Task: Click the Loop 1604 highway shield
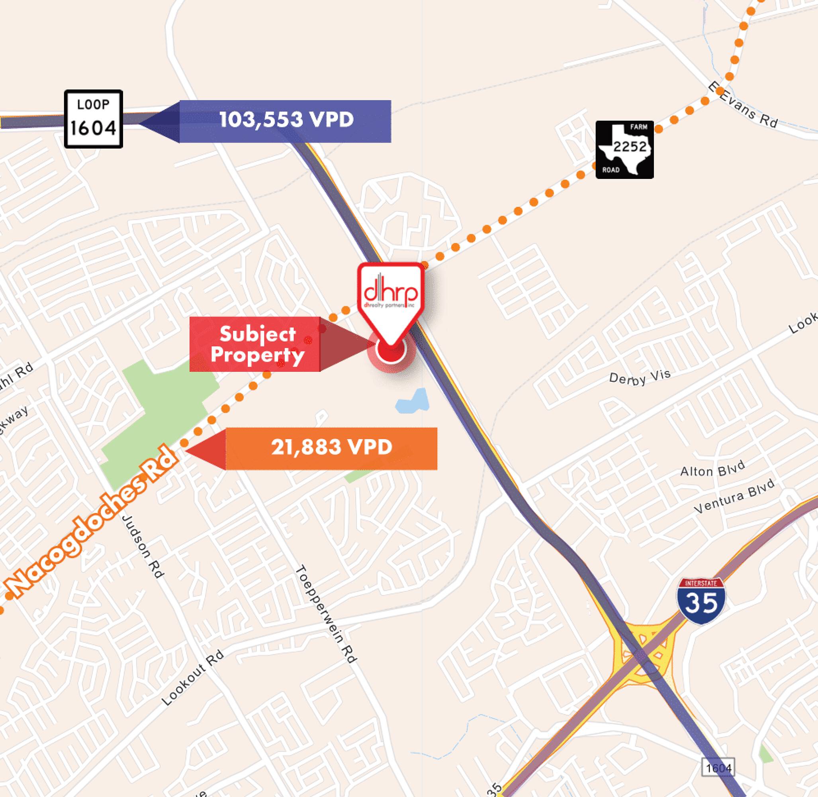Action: [93, 119]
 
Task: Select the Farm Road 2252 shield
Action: [624, 149]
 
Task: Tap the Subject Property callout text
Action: [257, 344]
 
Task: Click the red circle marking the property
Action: [391, 350]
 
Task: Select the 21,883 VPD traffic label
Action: [331, 447]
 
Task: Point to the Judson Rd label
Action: [142, 546]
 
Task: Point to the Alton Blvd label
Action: [712, 469]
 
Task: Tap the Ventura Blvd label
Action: [734, 497]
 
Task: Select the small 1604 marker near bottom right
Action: [718, 768]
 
